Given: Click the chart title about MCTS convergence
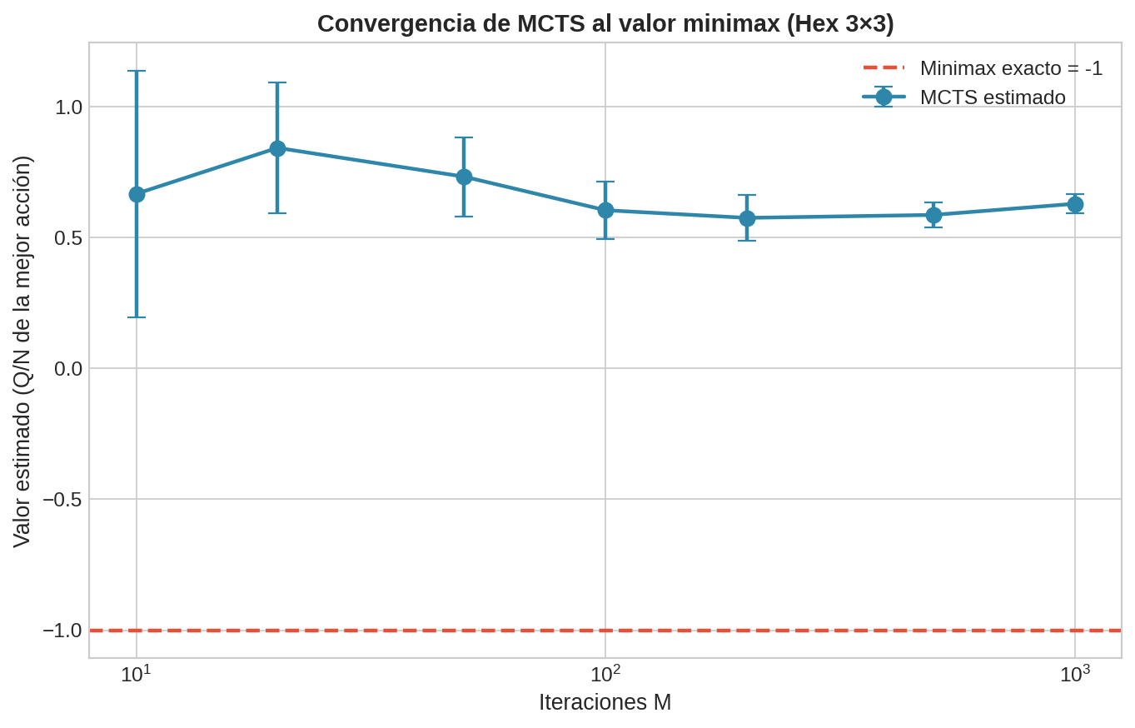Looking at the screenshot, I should point(605,23).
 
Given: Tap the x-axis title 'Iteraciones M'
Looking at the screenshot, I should point(605,702).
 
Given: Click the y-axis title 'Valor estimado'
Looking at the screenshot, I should point(22,351).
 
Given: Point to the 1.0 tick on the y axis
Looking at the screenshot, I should point(68,107).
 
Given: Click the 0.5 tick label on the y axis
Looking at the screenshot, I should point(68,238).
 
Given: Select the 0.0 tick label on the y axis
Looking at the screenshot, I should point(68,368).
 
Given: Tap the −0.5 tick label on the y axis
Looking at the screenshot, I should point(62,499).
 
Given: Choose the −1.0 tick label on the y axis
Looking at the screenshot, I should point(62,631).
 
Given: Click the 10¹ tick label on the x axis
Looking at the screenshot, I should point(136,673).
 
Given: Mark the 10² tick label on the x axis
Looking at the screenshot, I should point(605,673).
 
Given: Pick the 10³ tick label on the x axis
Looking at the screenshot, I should point(1074,673).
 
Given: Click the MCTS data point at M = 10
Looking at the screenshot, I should point(137,194).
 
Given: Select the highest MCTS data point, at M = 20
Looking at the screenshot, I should point(277,148).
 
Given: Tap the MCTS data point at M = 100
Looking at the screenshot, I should point(605,210).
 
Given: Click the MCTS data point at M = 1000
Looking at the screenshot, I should point(1075,204).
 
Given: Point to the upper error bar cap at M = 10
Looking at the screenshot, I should point(137,71).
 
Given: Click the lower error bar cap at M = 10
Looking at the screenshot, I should point(137,317).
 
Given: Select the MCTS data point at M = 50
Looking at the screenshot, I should point(464,177).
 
